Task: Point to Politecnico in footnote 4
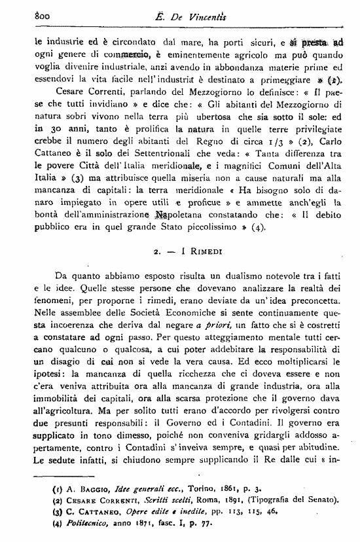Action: (x=77, y=525)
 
